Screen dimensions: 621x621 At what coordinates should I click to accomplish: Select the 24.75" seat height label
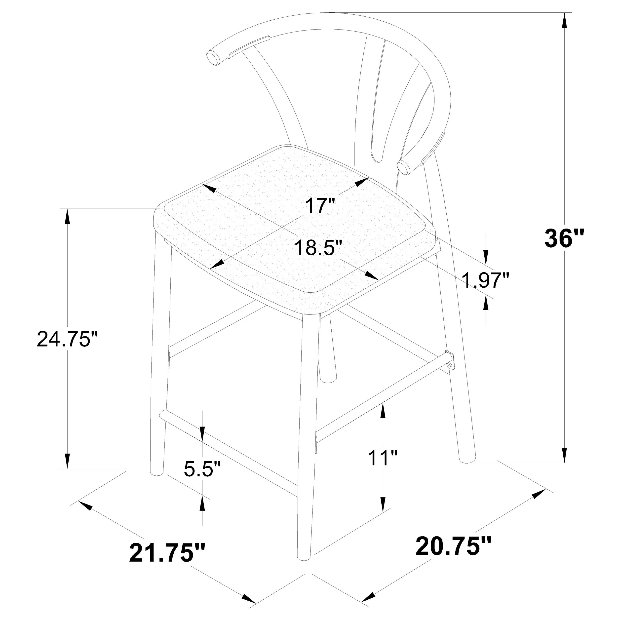pos(67,339)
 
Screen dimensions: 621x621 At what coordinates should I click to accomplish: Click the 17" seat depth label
pos(320,206)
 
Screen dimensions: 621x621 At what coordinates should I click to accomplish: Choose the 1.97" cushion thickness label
pos(486,280)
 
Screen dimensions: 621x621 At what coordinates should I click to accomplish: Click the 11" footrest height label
pos(383,458)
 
